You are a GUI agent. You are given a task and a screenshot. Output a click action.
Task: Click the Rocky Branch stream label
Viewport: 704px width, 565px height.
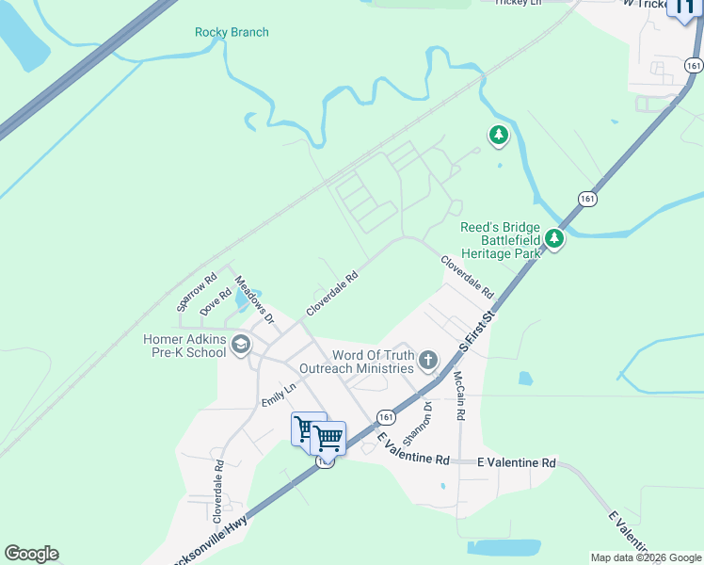[x=232, y=32]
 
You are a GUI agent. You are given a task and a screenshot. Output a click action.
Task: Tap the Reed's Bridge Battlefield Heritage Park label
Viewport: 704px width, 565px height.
[x=500, y=240]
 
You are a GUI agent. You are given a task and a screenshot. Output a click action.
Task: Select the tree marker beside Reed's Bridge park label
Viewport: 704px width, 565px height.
[x=555, y=240]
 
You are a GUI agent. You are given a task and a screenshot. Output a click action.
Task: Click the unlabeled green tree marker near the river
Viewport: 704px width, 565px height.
[x=499, y=137]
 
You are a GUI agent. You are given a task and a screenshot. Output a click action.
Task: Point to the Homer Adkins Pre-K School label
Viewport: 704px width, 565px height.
[x=184, y=346]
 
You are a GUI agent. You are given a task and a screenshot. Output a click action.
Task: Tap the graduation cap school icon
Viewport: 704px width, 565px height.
[x=241, y=346]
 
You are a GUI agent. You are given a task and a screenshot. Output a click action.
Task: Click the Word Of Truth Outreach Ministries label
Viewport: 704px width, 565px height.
[x=357, y=361]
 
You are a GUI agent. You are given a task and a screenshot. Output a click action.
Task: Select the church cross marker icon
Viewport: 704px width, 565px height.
[x=428, y=359]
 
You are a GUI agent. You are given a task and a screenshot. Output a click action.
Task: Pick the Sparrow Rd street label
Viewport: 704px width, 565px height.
[x=197, y=293]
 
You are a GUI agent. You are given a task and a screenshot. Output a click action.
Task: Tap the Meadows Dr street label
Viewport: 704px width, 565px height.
[x=253, y=300]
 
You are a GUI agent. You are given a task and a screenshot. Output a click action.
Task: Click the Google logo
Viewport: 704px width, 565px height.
[x=31, y=554]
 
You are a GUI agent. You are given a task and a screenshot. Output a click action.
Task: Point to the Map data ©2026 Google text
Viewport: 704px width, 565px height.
[x=645, y=557]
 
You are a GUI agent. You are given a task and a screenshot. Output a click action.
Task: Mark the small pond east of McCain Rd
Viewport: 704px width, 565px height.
[x=525, y=378]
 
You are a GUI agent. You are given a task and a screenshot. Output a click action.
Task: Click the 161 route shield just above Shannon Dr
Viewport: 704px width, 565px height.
[x=385, y=415]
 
